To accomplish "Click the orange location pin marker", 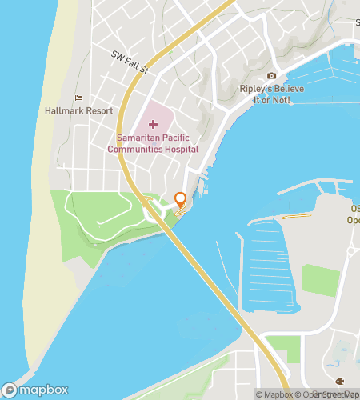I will pos(180,201).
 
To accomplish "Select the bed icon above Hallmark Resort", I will pos(78,98).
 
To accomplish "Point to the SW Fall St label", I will pos(130,62).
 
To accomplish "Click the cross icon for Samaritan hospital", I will pos(152,124).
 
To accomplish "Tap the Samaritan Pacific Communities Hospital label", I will pos(152,142).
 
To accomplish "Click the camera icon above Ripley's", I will pos(271,76).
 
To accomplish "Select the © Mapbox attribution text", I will pos(274,394).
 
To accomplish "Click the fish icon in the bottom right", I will pos(340,381).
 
